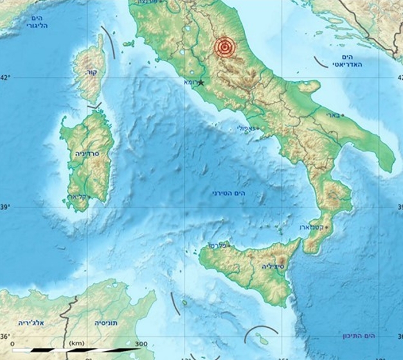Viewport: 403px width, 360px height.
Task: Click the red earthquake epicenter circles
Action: (224, 47)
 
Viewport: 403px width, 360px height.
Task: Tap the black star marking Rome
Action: (201, 82)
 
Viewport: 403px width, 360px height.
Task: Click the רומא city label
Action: (191, 82)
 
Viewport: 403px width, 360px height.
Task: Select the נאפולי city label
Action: (246, 129)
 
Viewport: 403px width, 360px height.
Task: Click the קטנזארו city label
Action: (312, 228)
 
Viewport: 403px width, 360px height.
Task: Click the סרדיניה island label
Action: (85, 154)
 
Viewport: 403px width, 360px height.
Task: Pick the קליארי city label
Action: (78, 197)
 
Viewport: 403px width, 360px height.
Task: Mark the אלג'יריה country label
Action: (30, 322)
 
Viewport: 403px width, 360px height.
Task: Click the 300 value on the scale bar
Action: (141, 343)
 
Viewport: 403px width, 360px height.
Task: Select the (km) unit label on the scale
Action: (76, 343)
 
